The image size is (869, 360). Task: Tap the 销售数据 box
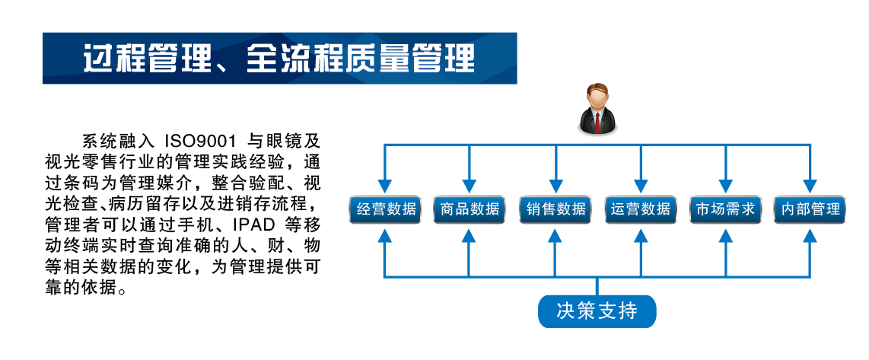(555, 209)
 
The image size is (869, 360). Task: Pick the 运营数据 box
(641, 209)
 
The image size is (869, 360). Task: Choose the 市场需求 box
(725, 209)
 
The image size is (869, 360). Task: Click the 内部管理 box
(810, 209)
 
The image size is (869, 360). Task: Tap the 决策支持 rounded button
(597, 311)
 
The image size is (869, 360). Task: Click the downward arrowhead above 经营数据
(386, 185)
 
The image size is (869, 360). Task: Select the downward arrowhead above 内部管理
(810, 185)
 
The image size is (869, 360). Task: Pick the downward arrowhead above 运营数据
(641, 185)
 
